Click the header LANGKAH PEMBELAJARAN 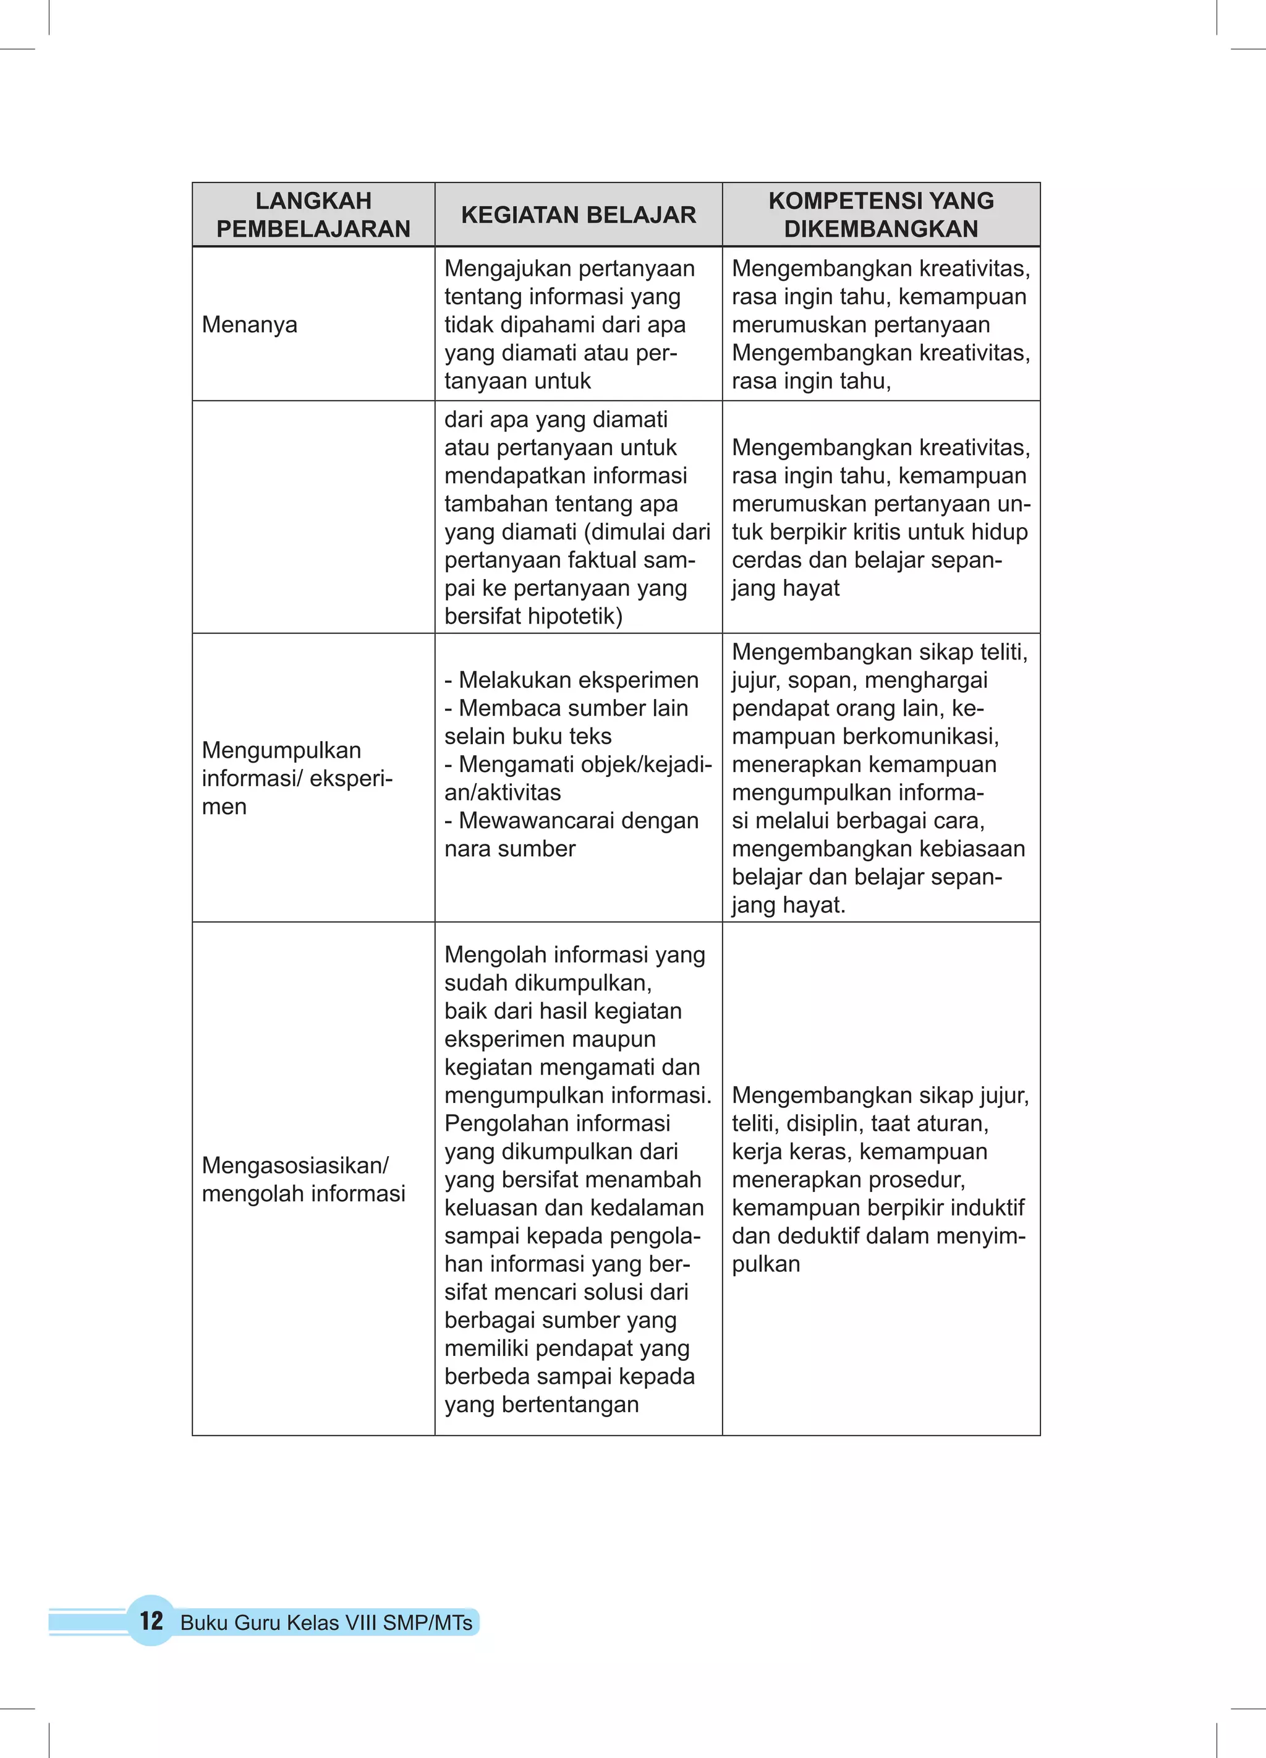(313, 215)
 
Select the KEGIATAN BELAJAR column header (578, 215)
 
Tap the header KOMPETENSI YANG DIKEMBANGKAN (881, 215)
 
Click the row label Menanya (250, 325)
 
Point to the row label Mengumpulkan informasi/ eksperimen (297, 778)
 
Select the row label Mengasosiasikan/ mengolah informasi (303, 1179)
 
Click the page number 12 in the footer (151, 1620)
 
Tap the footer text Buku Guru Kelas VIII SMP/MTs (326, 1623)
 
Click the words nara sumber (510, 849)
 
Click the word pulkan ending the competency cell (765, 1264)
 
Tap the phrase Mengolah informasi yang (574, 954)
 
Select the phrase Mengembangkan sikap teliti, (880, 652)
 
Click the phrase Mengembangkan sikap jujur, (880, 1096)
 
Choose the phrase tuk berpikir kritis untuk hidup (880, 532)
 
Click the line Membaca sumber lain (572, 708)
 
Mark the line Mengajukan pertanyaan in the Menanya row (569, 268)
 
